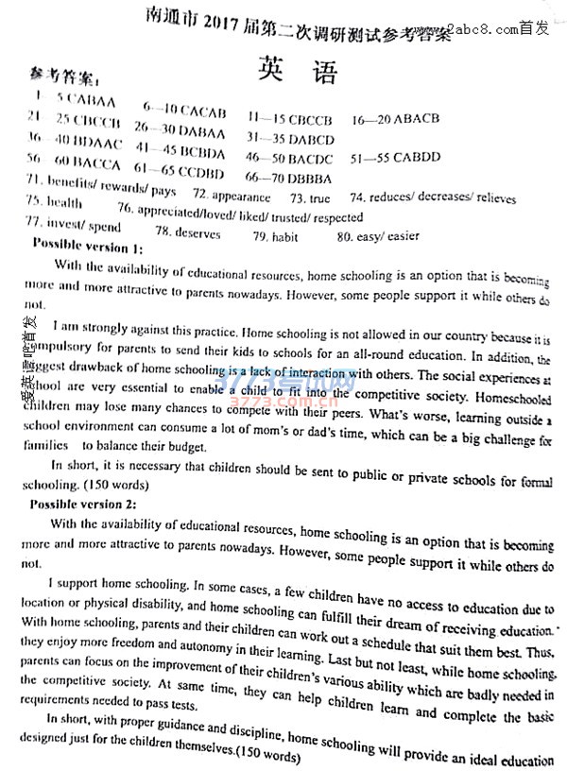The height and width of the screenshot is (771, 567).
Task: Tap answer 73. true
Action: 310,198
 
